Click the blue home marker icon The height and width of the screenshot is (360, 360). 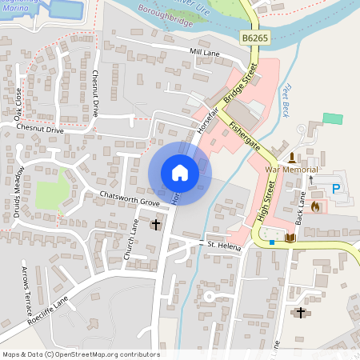coord(179,173)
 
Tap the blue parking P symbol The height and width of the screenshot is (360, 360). coord(336,189)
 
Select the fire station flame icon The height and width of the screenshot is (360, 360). coord(316,206)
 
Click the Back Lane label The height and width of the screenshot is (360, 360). coord(303,206)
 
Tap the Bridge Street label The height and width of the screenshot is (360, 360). coord(237,86)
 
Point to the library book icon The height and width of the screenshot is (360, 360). coord(290,238)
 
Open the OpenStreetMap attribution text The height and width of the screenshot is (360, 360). coord(80,354)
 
